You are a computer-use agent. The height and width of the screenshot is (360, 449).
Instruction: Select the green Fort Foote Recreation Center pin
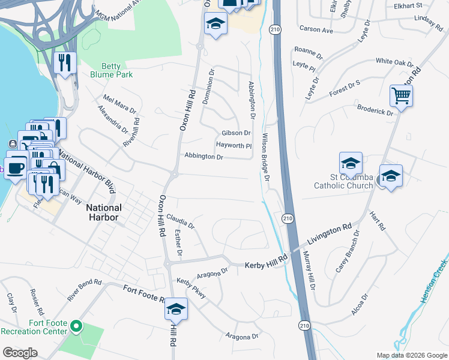(x=76, y=326)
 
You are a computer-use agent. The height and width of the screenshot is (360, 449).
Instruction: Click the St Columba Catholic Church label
(x=343, y=181)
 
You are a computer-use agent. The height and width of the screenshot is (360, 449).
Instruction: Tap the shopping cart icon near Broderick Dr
(x=401, y=95)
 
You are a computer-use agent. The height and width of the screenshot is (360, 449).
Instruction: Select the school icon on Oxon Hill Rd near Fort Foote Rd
(x=176, y=308)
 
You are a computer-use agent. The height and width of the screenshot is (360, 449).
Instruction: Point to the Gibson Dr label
(x=236, y=133)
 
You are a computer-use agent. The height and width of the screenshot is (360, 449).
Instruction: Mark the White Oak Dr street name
(x=394, y=62)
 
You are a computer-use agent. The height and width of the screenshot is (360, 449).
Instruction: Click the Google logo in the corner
(x=19, y=353)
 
